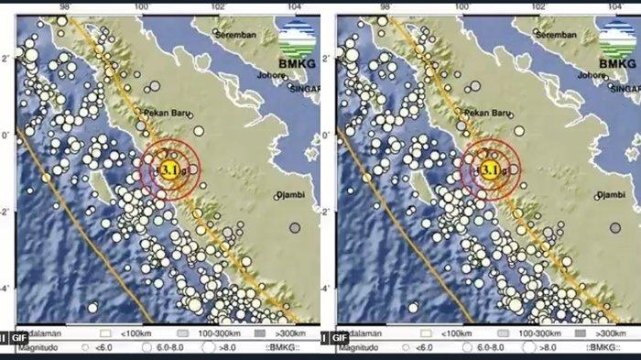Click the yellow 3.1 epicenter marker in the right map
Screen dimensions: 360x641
[489, 169]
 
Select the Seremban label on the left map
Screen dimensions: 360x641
[235, 34]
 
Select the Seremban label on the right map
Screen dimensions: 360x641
[558, 34]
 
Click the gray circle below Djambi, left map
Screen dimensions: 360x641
[295, 228]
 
